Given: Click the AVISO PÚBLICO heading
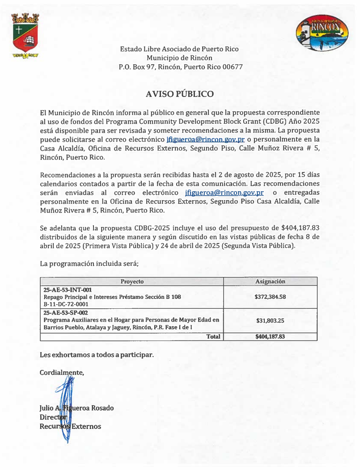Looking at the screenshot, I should tap(179, 94).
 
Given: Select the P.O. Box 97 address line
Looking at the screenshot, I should tap(180, 67).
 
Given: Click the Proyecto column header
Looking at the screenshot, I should tap(132, 281).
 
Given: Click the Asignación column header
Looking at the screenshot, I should tap(270, 281).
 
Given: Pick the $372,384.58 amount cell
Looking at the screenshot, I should tap(270, 297).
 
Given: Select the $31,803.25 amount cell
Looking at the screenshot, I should tap(270, 320).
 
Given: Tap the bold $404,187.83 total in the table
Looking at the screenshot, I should tap(270, 336).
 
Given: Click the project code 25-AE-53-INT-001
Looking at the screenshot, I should tap(68, 290).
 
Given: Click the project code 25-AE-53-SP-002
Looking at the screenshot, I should tap(66, 313).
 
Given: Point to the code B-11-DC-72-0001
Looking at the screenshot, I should tap(66, 304).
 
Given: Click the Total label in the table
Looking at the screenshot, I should tap(213, 336).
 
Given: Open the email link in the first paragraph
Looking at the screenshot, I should tap(205, 139).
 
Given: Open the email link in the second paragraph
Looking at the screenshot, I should tap(224, 193).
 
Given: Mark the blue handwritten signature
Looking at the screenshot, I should tap(66, 404).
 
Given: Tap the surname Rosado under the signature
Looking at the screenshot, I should tap(102, 408).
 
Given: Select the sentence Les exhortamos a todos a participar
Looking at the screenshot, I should tap(97, 355).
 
